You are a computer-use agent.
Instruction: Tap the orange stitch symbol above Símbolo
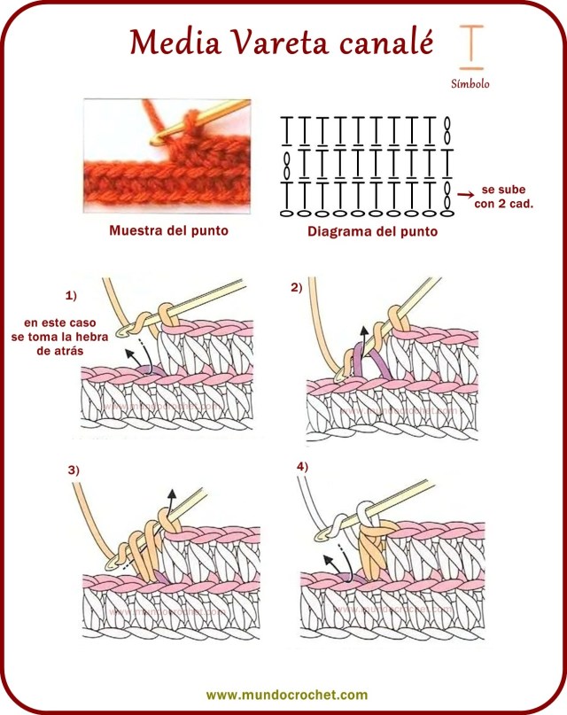pyautogui.click(x=471, y=47)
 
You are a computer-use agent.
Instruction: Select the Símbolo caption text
pyautogui.click(x=470, y=85)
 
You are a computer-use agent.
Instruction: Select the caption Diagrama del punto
pyautogui.click(x=371, y=233)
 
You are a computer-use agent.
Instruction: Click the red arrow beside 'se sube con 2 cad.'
pyautogui.click(x=463, y=193)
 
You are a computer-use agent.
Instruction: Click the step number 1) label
pyautogui.click(x=71, y=294)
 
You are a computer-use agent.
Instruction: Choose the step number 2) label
pyautogui.click(x=296, y=287)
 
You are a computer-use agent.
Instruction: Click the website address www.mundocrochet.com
pyautogui.click(x=286, y=696)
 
